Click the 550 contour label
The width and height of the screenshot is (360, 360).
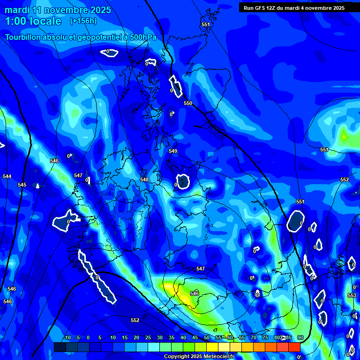coord(188,103)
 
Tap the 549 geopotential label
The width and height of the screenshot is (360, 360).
coord(173,151)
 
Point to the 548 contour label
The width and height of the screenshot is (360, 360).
coord(144,180)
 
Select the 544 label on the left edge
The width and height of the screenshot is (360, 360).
coord(7,176)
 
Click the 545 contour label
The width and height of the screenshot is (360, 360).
coord(22,185)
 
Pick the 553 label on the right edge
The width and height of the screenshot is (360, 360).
coord(352,295)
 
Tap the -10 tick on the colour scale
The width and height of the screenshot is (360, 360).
coord(67,337)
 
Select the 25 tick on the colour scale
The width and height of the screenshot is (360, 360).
coord(148,337)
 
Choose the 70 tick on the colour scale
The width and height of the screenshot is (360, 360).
coord(253,337)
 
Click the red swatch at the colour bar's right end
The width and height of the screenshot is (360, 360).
coord(294,347)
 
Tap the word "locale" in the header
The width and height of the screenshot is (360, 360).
coord(44,21)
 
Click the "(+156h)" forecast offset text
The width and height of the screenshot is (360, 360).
coord(83,21)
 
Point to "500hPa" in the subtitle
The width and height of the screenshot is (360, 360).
coord(140,37)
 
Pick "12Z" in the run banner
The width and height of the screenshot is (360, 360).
coord(276,7)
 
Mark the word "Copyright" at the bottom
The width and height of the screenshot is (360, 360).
coord(177,357)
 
